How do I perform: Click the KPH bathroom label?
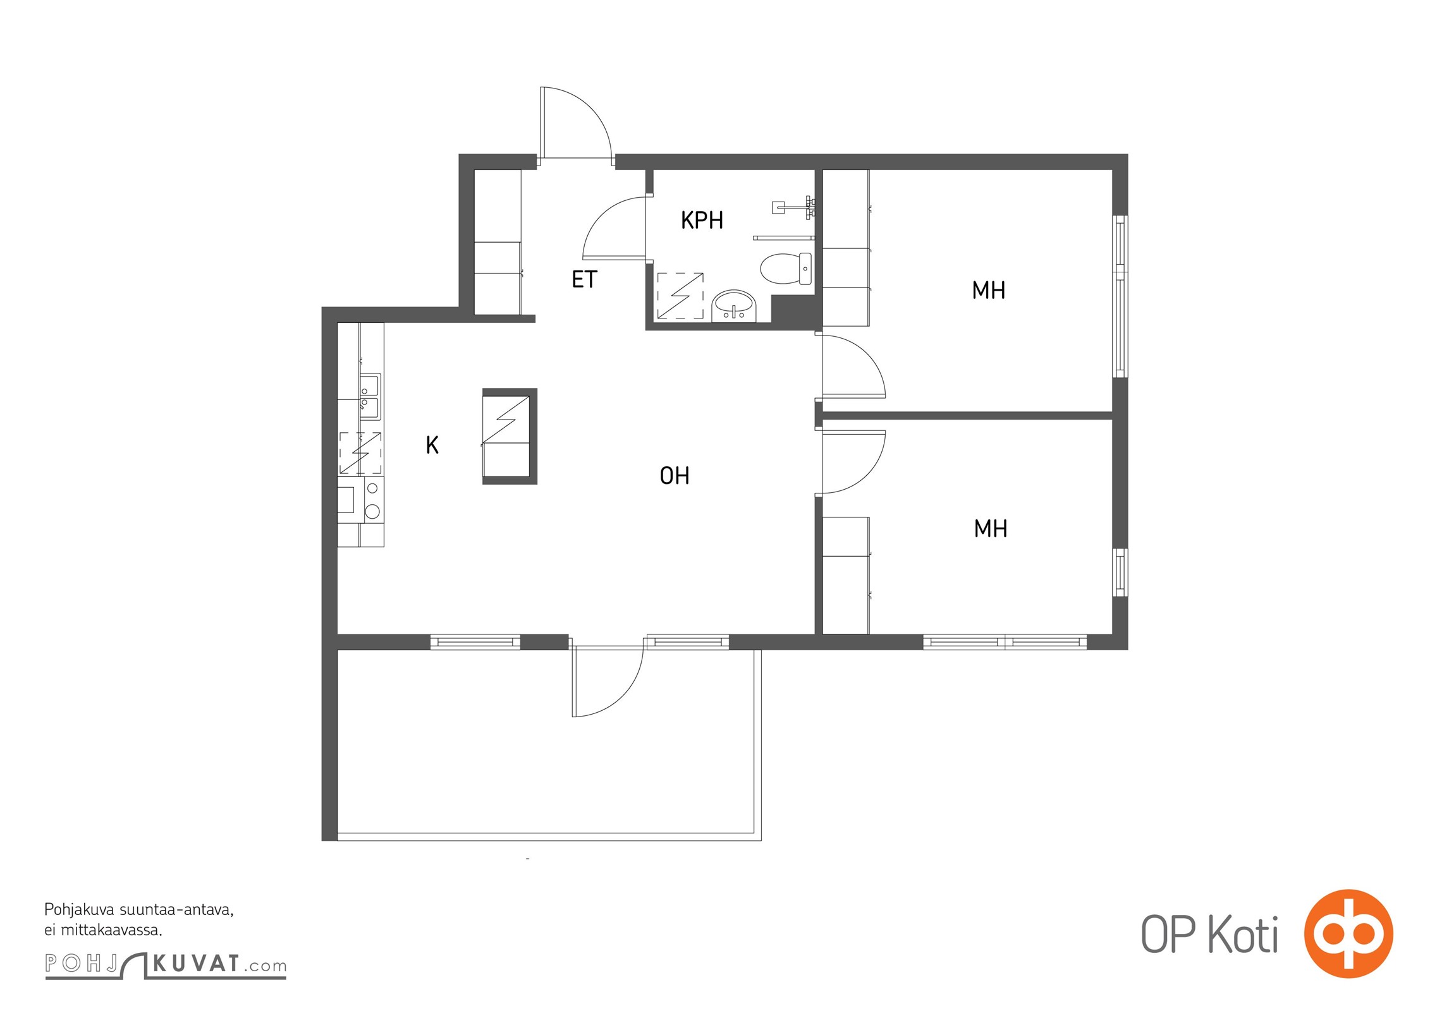pos(702,220)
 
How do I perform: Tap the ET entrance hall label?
pos(584,279)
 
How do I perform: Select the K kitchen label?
pos(432,445)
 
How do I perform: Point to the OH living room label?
pos(675,476)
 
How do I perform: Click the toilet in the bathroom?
pos(786,269)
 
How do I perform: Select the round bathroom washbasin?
pos(733,306)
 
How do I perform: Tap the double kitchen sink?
pos(370,396)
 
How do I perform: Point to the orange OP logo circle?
pos(1348,933)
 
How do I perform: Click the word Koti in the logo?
pos(1244,934)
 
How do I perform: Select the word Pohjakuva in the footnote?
pos(80,911)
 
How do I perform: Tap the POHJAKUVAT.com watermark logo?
pos(166,964)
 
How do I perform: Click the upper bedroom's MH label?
pos(989,291)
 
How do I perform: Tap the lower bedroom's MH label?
pos(991,529)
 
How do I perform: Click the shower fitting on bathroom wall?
pos(794,206)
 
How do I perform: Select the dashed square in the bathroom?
pos(680,295)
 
